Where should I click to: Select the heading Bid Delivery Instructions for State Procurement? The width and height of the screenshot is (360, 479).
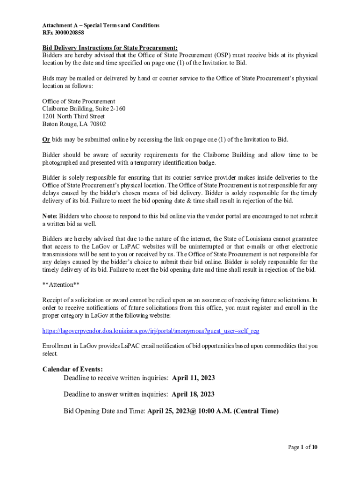(x=110, y=48)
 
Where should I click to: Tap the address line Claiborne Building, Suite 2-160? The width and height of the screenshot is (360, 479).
(x=84, y=109)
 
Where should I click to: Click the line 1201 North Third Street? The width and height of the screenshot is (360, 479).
(x=73, y=116)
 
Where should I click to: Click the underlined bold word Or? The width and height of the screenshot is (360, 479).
(x=46, y=139)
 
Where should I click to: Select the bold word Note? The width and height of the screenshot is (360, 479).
(x=50, y=216)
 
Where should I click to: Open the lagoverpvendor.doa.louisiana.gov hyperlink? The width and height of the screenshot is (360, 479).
(x=151, y=331)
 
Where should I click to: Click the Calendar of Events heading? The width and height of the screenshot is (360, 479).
(x=72, y=369)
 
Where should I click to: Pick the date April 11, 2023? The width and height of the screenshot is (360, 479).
(x=194, y=378)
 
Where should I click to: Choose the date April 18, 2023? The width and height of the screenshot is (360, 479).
(x=193, y=394)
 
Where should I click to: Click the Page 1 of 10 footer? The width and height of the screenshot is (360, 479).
(x=302, y=447)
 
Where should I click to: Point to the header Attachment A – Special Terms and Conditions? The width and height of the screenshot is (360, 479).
(x=101, y=25)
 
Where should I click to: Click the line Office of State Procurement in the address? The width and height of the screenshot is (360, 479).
(x=79, y=102)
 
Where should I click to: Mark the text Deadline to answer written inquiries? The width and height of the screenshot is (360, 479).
(x=115, y=394)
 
